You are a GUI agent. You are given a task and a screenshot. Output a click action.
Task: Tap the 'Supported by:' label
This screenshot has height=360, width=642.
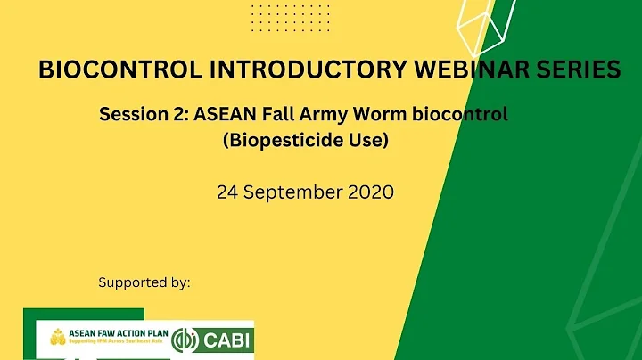click(x=144, y=282)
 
